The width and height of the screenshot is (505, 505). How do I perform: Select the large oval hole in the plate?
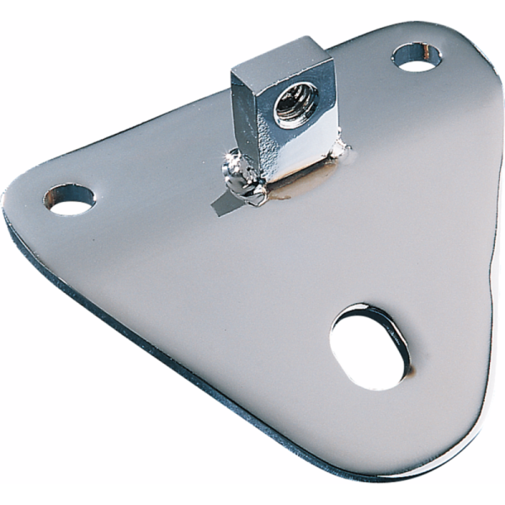point(367,345)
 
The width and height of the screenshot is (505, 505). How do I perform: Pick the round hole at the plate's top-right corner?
point(418,57)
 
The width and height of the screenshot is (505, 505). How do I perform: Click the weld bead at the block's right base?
point(340,151)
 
